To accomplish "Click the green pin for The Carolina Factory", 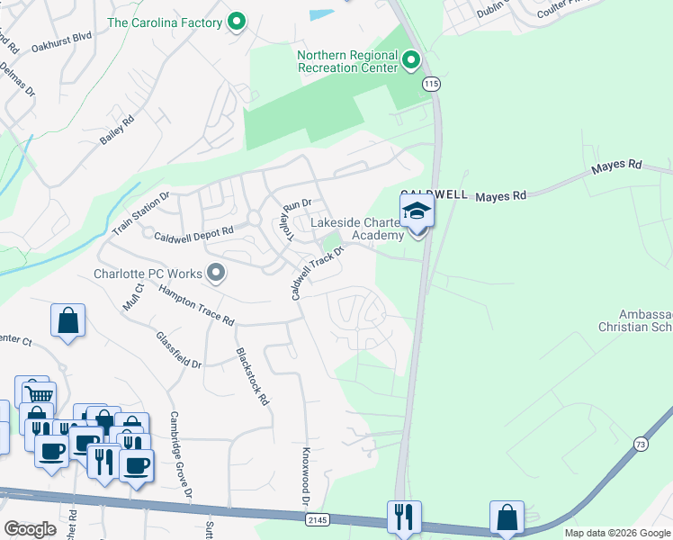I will click(237, 21).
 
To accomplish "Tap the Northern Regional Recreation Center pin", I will click(411, 61).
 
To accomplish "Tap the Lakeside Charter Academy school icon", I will click(417, 212).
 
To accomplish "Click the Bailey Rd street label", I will click(118, 131).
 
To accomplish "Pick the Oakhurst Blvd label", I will click(61, 45).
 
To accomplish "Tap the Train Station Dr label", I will click(140, 213).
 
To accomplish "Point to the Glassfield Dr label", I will click(179, 349).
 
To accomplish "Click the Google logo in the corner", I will click(29, 529).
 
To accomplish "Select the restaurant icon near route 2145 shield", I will click(401, 516).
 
